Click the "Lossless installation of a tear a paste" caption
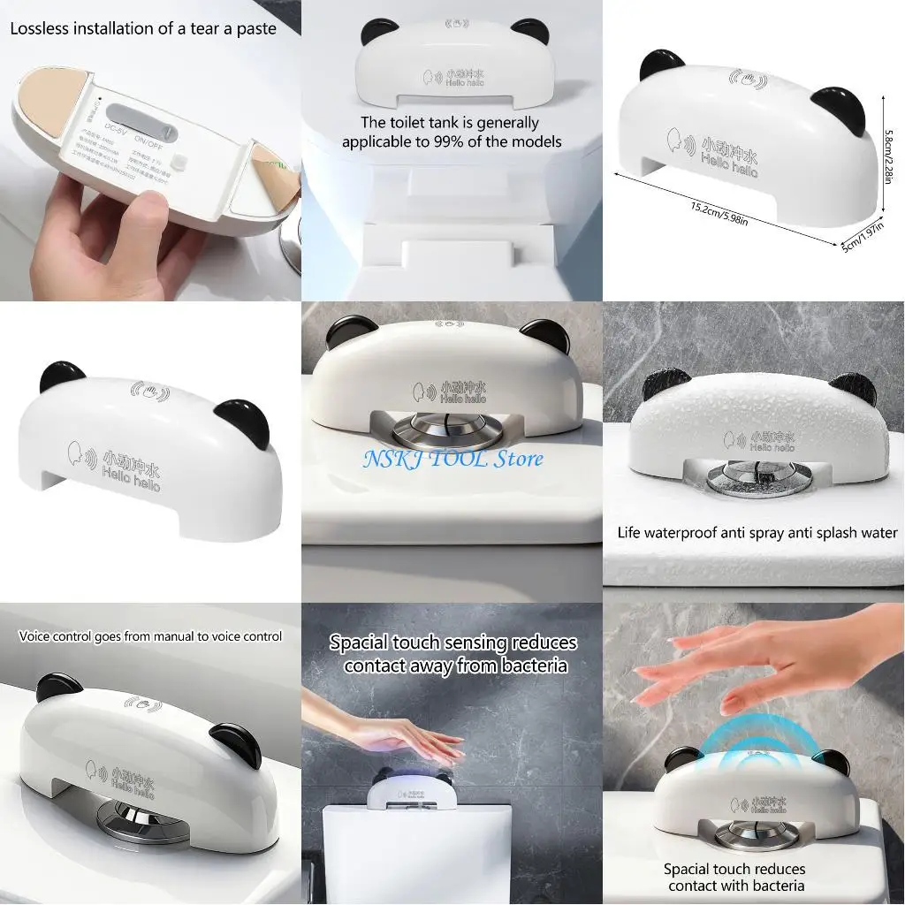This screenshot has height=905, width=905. point(143,28)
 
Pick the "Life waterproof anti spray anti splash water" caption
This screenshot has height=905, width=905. point(757,533)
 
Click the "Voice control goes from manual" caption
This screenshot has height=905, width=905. point(150,636)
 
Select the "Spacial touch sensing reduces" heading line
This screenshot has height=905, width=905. point(452,643)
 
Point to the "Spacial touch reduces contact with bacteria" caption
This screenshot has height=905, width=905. point(735,878)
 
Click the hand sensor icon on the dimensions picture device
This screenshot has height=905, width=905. point(748,79)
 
